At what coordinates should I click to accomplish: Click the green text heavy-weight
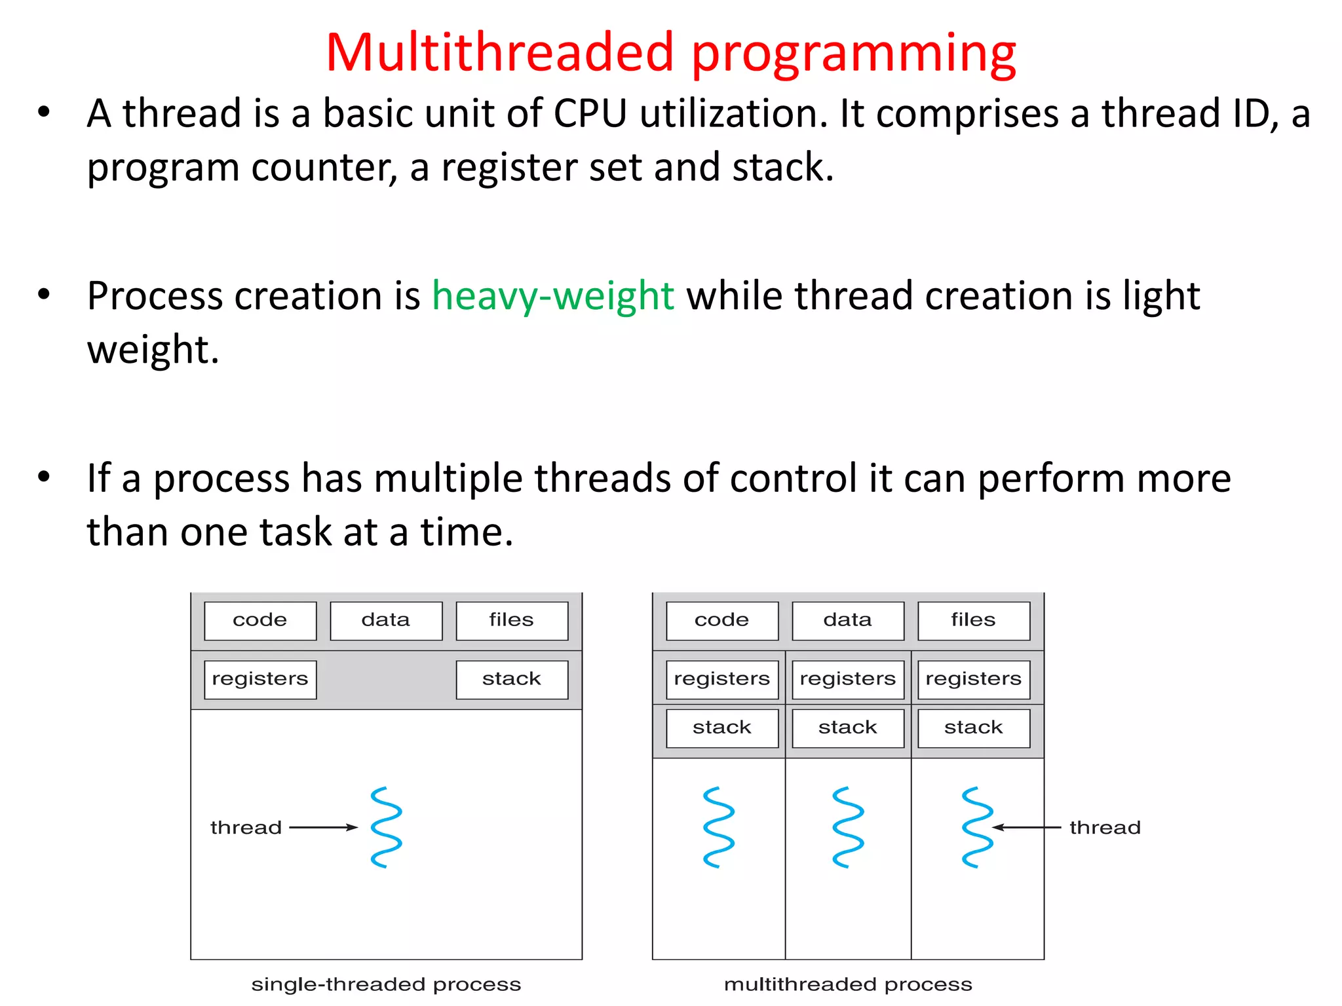pyautogui.click(x=552, y=296)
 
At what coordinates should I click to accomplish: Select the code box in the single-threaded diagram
pyautogui.click(x=260, y=620)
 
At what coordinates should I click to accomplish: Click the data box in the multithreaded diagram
pyautogui.click(x=847, y=620)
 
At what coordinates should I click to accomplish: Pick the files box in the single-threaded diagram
pyautogui.click(x=511, y=620)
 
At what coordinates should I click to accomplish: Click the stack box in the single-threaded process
pyautogui.click(x=511, y=679)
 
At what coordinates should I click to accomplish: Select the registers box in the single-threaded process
pyautogui.click(x=260, y=679)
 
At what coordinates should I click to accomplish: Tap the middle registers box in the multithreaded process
pyautogui.click(x=847, y=679)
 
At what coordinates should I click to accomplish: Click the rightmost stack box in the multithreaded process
pyautogui.click(x=973, y=728)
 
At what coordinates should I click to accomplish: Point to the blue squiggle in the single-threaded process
pyautogui.click(x=386, y=827)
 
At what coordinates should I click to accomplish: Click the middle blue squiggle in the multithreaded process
pyautogui.click(x=848, y=827)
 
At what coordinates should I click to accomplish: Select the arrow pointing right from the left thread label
pyautogui.click(x=323, y=827)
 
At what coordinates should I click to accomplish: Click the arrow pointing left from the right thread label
pyautogui.click(x=1026, y=827)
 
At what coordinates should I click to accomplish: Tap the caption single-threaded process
pyautogui.click(x=386, y=984)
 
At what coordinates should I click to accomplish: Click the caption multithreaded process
pyautogui.click(x=847, y=984)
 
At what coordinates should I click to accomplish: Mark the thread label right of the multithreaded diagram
pyautogui.click(x=1105, y=828)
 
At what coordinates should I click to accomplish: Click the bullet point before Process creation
pyautogui.click(x=43, y=295)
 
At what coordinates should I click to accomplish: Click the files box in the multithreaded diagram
pyautogui.click(x=973, y=620)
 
